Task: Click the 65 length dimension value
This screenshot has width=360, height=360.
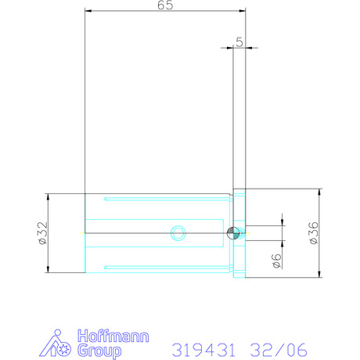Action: tap(165, 5)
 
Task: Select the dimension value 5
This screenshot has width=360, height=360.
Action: tap(239, 42)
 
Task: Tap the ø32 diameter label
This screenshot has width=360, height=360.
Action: tap(43, 233)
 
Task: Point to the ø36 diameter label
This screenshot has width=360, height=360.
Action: tap(314, 233)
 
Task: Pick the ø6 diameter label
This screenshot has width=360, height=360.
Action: tap(277, 261)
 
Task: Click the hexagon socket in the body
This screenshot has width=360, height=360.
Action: tap(178, 232)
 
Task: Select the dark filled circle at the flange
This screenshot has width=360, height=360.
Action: tap(233, 232)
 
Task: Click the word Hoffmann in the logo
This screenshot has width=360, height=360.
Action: tap(113, 336)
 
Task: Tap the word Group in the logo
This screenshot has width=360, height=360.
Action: tap(99, 351)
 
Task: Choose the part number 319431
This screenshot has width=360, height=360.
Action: tap(203, 350)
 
